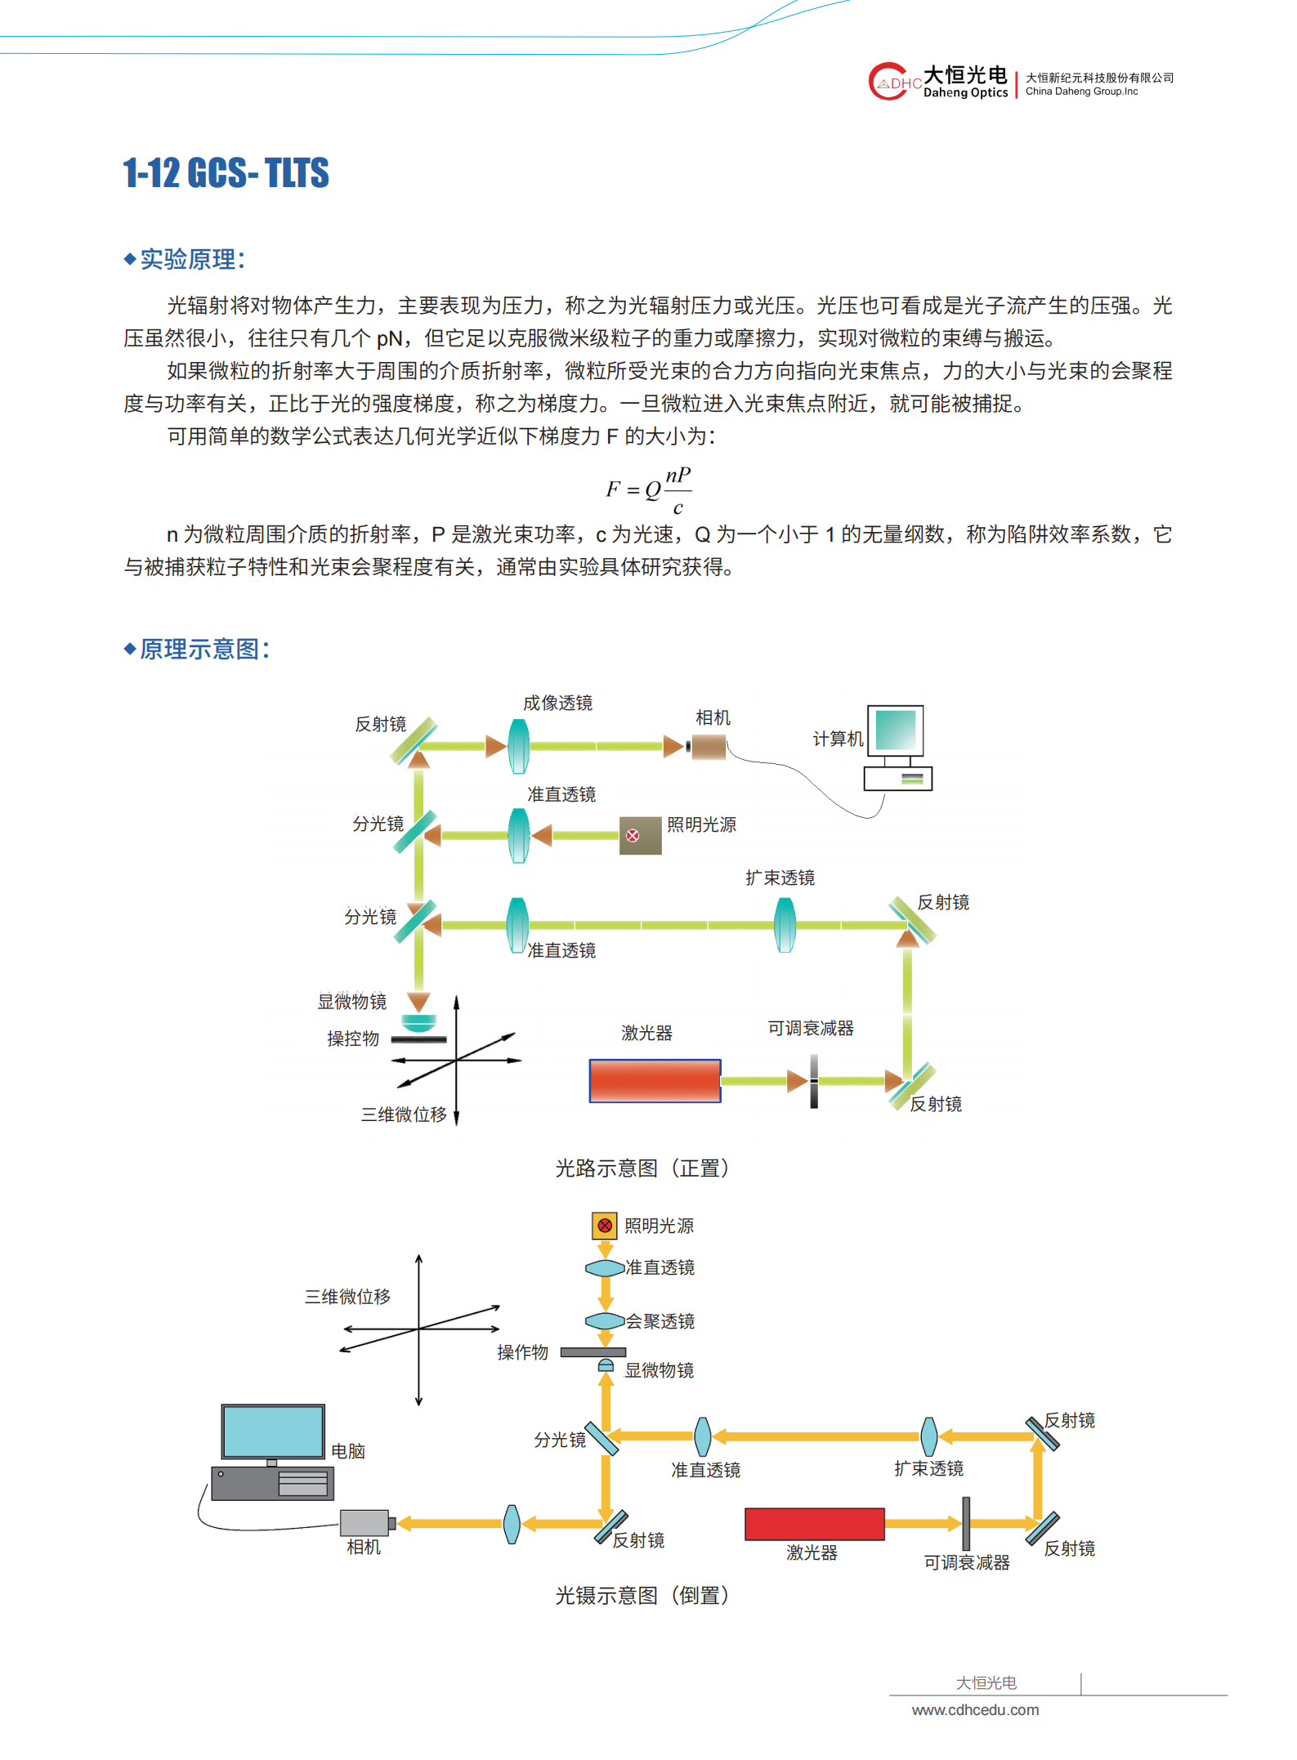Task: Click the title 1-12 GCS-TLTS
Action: coord(226,173)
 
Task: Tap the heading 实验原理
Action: coord(188,259)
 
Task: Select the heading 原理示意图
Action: coord(199,649)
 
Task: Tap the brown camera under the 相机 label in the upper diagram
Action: coord(709,746)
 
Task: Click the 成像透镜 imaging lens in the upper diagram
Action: coord(518,745)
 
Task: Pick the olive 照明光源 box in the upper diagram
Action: coord(641,835)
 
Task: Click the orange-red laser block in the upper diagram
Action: coord(655,1081)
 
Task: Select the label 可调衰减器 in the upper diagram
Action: coord(811,1028)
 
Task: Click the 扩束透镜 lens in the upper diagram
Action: coord(785,925)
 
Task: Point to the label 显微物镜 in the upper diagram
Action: coord(352,1001)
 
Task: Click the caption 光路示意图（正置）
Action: coord(642,1168)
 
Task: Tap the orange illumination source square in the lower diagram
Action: coord(605,1226)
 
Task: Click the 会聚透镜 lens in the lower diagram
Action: coord(606,1321)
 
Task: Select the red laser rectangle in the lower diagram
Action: coord(815,1524)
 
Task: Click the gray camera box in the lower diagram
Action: coord(365,1523)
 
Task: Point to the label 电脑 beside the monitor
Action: coord(348,1451)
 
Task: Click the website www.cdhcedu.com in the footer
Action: coord(976,1710)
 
